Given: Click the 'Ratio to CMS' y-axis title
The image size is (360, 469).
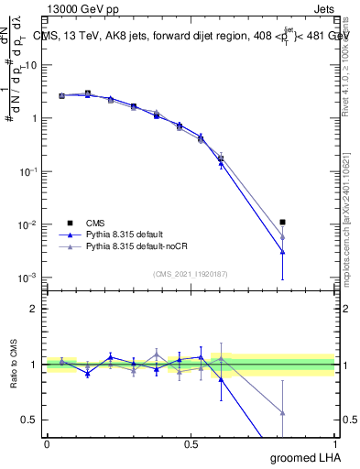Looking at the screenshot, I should [x=14, y=364].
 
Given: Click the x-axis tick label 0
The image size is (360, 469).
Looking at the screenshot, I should [x=47, y=443].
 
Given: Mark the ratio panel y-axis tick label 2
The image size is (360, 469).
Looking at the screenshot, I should [x=34, y=309].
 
